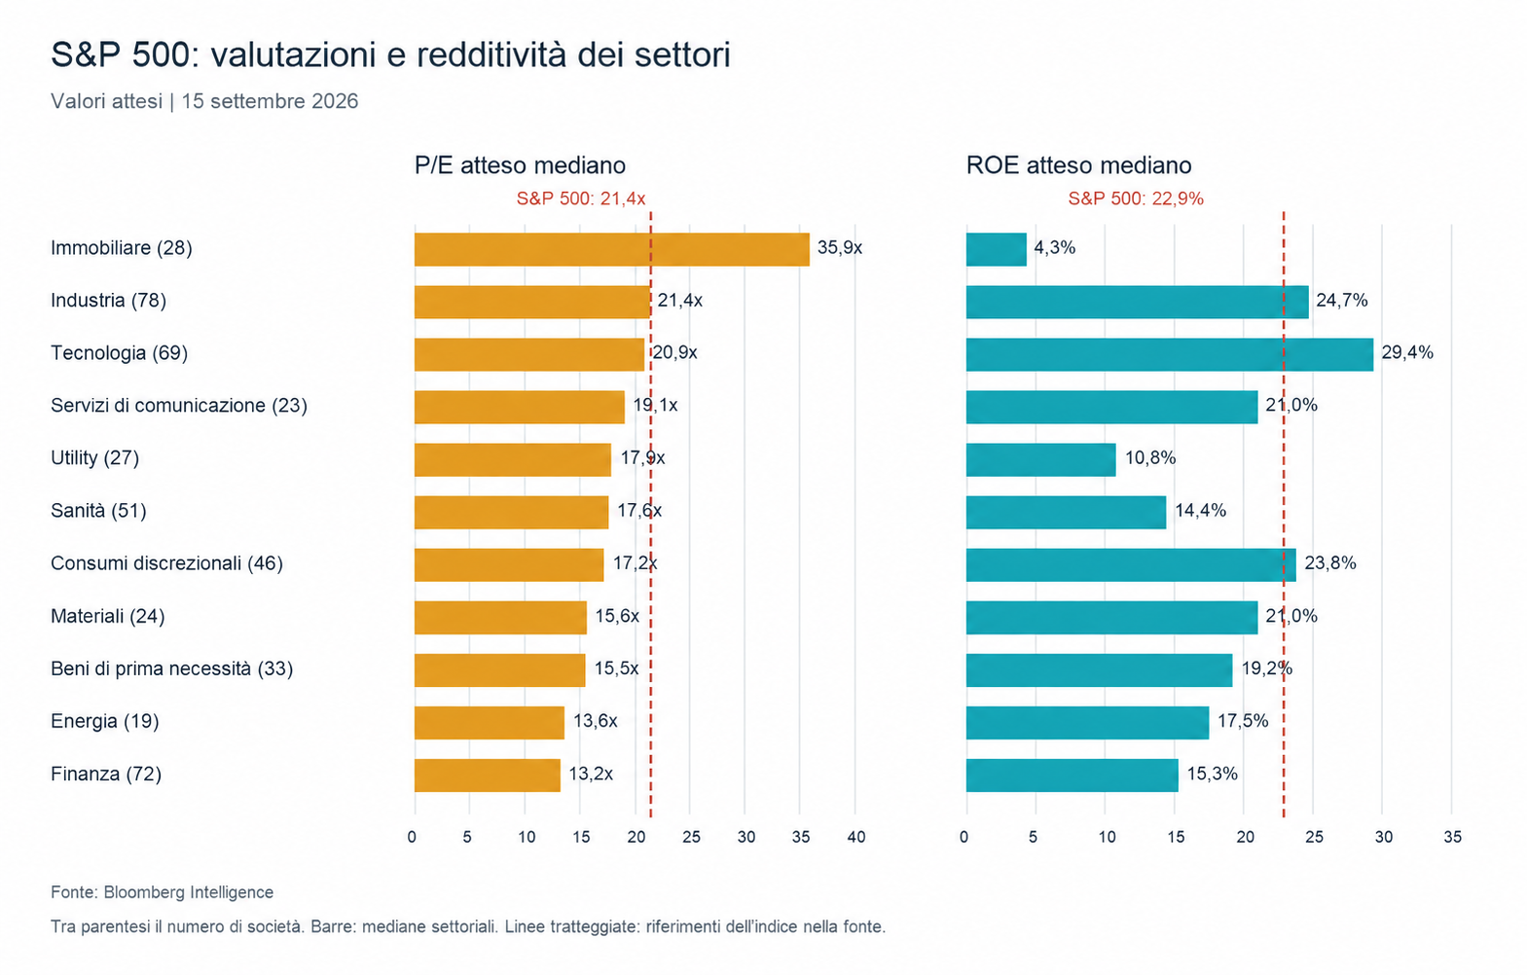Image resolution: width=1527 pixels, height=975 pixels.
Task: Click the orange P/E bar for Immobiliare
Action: (611, 249)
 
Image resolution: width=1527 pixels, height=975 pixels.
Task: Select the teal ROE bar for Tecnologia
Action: (1169, 354)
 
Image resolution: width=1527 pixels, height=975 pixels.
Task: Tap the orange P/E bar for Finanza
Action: (487, 776)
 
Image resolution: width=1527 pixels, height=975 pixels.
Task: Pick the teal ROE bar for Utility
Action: (1040, 460)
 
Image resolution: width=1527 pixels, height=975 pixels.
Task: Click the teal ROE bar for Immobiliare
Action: (996, 249)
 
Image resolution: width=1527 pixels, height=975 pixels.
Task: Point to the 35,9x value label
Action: (840, 248)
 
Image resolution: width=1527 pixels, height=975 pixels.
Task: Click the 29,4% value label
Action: (1407, 353)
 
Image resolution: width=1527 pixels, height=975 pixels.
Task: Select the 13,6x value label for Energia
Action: (595, 721)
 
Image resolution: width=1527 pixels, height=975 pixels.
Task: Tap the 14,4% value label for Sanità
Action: (1200, 510)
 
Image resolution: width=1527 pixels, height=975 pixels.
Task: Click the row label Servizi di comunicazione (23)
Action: (179, 406)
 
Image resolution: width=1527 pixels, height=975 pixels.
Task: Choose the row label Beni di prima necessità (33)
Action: (172, 668)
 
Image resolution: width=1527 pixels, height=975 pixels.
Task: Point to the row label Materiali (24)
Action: (108, 616)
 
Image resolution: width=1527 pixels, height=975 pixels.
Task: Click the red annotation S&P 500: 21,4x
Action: (581, 199)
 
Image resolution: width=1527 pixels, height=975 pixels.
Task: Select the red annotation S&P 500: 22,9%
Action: (1136, 199)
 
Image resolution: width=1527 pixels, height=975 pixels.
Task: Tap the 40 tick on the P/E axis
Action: (856, 838)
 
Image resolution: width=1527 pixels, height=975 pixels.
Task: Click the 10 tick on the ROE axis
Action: (1108, 838)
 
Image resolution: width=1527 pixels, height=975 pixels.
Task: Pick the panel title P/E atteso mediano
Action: (520, 165)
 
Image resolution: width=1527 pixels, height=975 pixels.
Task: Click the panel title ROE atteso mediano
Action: (1079, 165)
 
